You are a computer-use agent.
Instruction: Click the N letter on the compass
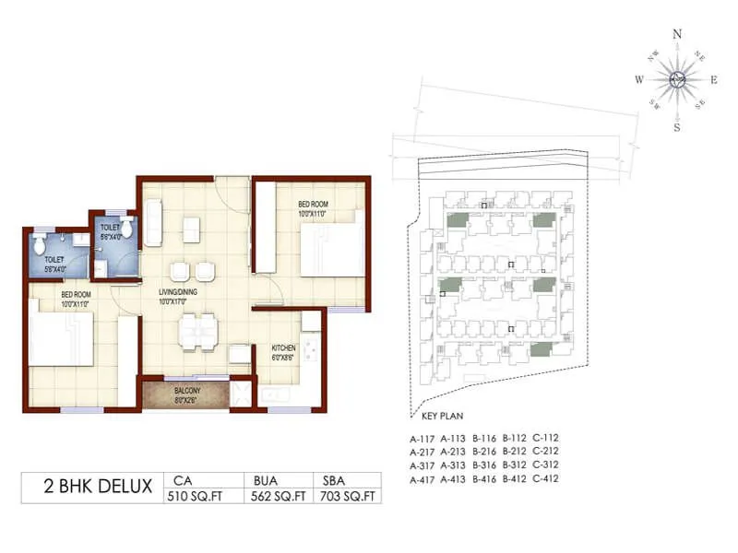pos(677,34)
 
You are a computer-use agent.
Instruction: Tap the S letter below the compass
pos(676,127)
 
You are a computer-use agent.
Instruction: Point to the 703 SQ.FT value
pos(351,496)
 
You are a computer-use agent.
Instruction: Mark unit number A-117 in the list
pos(423,438)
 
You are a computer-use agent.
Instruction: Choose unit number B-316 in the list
pos(484,465)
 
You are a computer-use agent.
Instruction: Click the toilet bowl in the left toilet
pos(39,246)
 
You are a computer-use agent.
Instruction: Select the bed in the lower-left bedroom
pos(61,339)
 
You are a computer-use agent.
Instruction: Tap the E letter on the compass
pos(715,81)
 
